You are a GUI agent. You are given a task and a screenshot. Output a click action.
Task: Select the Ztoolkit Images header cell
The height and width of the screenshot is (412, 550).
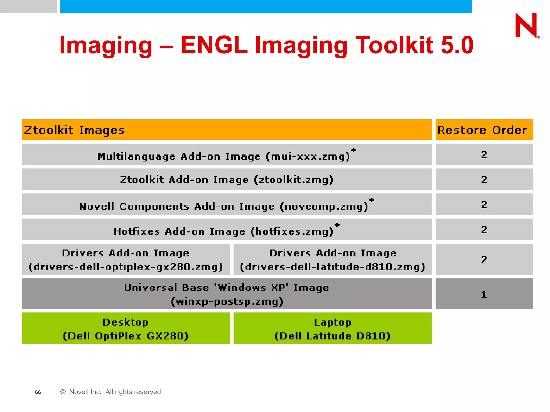(227, 130)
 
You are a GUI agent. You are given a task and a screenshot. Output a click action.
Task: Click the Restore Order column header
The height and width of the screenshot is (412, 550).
(484, 130)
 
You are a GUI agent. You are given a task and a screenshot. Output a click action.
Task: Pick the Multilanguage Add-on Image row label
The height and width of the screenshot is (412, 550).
(223, 156)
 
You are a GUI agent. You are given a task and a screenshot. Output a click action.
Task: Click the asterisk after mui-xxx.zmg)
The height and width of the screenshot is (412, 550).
(354, 150)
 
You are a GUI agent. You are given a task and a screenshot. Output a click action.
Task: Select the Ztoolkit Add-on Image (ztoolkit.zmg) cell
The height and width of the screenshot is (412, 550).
(227, 180)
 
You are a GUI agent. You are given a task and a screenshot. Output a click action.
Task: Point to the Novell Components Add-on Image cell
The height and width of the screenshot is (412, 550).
(223, 206)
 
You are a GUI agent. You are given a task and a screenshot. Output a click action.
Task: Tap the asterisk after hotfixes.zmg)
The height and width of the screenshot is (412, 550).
(337, 225)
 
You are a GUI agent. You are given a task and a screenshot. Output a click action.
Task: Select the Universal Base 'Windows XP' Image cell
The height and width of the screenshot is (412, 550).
(227, 294)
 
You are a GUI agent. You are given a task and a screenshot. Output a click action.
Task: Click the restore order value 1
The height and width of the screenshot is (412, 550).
(484, 295)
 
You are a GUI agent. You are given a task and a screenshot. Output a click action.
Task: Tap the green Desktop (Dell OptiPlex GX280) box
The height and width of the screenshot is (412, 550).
(126, 328)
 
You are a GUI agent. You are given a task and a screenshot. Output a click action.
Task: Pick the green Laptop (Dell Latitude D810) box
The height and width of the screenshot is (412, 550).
(332, 328)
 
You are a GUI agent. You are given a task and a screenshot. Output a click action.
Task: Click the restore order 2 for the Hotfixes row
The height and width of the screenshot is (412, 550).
(484, 230)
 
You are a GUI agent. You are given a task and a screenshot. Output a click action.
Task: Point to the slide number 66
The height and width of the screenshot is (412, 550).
(38, 392)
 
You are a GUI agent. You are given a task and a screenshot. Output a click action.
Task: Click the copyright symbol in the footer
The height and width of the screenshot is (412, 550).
(63, 392)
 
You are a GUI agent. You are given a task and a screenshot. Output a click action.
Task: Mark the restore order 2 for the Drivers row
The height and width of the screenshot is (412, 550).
(484, 260)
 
